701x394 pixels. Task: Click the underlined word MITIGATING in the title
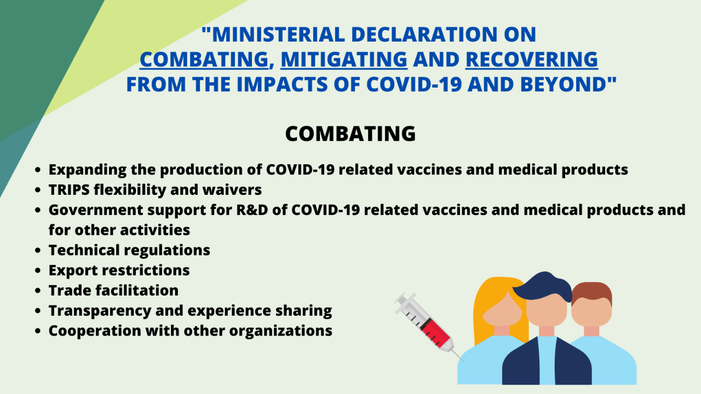click(x=344, y=59)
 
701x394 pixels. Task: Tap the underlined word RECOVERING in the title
click(x=532, y=59)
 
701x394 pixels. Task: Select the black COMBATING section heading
click(x=350, y=134)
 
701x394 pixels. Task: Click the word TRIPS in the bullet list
click(x=69, y=190)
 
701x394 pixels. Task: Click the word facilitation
click(x=137, y=290)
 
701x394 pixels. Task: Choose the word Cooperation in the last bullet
click(x=95, y=331)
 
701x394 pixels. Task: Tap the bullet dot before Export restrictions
click(x=38, y=270)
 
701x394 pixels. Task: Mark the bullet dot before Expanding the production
click(x=38, y=170)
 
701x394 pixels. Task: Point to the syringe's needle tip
click(x=465, y=362)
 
